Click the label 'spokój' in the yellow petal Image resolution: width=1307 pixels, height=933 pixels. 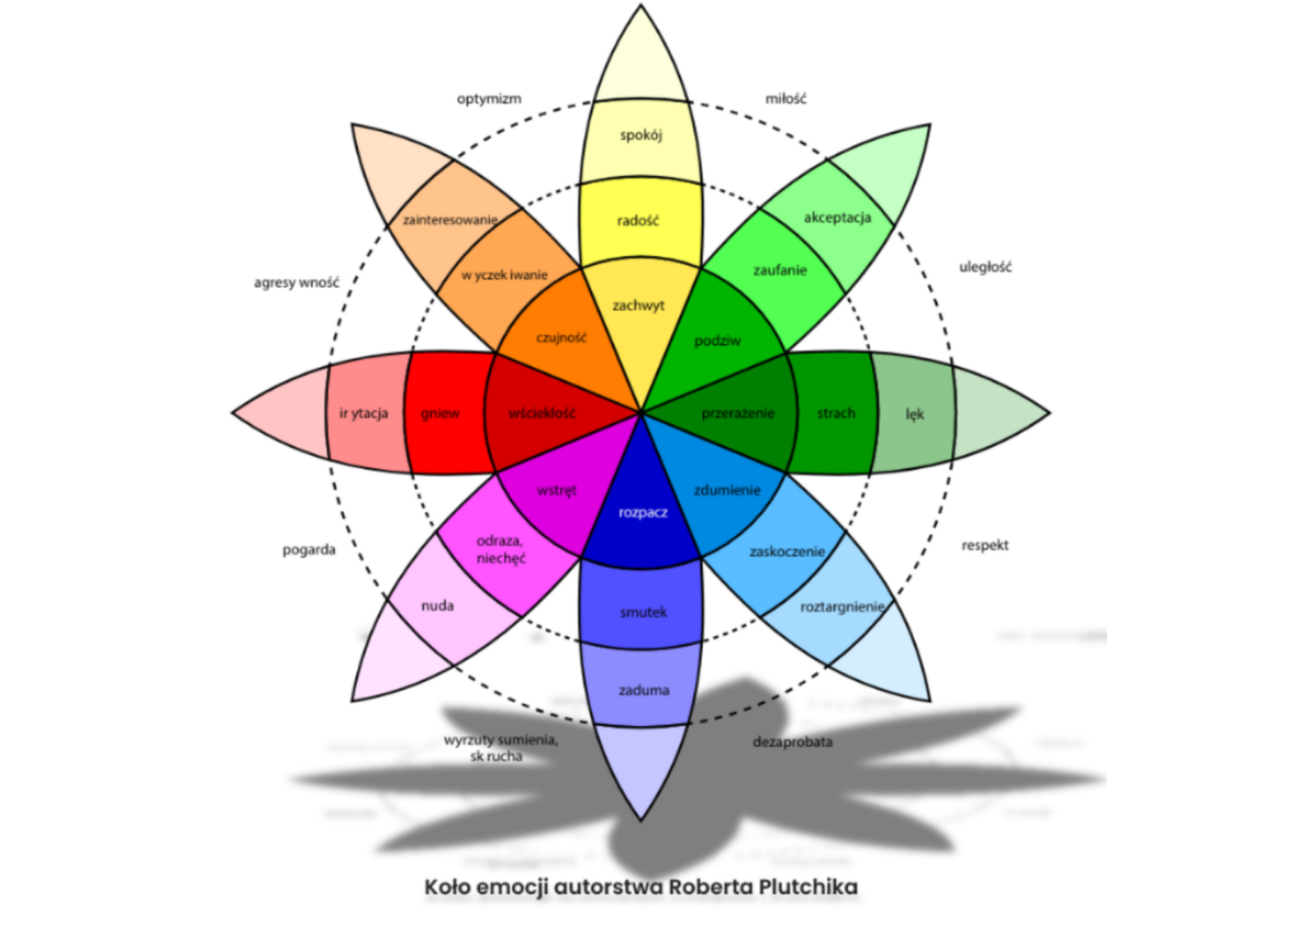pos(641,135)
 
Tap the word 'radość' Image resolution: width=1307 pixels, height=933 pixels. pos(638,221)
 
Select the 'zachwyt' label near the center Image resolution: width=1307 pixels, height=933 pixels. pos(639,306)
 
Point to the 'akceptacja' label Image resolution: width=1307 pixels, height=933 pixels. pos(837,218)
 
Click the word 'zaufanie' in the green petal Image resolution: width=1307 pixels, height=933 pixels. pos(780,270)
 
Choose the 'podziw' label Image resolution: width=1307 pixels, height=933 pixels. pos(717,341)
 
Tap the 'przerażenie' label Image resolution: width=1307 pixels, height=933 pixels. pos(738,414)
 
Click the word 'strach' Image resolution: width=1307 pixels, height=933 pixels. pos(836,414)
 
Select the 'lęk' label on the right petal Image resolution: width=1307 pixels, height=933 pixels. pos(915,415)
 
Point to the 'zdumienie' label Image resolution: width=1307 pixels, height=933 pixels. pos(727,490)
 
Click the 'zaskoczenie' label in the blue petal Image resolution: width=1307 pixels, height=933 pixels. pos(787,551)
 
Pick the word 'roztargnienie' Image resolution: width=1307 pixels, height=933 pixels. pos(843,607)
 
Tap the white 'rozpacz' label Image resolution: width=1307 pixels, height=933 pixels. pos(643,513)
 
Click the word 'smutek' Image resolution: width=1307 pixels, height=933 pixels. pos(643,612)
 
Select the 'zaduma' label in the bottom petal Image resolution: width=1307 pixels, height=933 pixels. pos(644,690)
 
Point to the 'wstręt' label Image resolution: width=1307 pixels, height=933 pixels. pos(557,491)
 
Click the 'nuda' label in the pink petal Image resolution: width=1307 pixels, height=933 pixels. pos(437,606)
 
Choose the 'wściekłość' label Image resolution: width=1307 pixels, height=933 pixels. pos(542,414)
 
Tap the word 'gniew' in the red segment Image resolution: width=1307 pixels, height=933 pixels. pos(440,414)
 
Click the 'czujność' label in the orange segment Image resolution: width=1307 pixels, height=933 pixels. pos(561,338)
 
